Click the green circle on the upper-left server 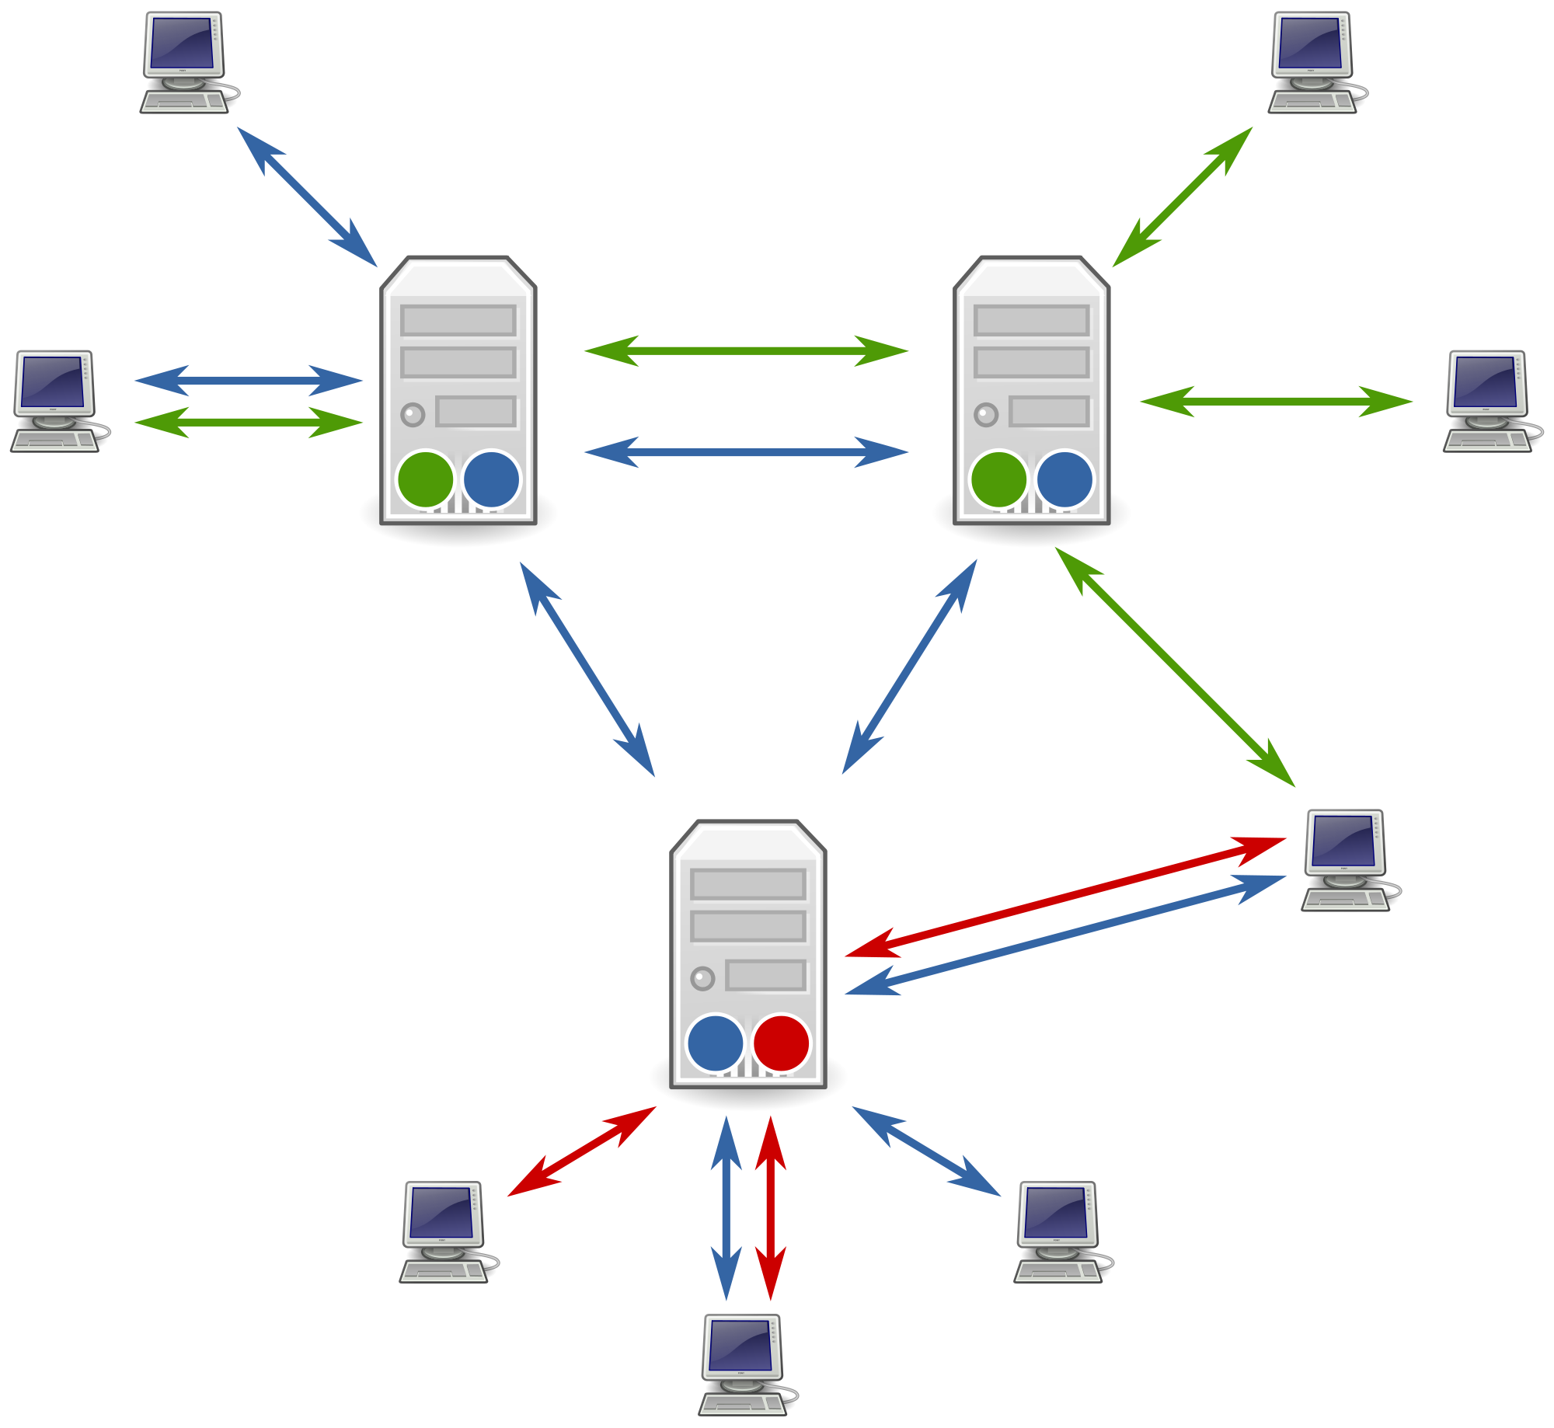point(425,479)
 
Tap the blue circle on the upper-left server point(491,479)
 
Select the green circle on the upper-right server point(998,479)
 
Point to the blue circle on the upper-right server point(1064,479)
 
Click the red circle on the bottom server point(781,1043)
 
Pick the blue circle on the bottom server point(715,1043)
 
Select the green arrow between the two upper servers point(746,351)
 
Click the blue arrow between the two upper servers point(746,452)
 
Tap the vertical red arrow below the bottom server point(771,1208)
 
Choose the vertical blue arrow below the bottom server point(726,1208)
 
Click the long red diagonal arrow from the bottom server point(1064,897)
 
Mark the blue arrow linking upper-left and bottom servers point(587,669)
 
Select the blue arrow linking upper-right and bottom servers point(909,667)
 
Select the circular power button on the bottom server point(702,978)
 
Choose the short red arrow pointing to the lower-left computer point(581,1151)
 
